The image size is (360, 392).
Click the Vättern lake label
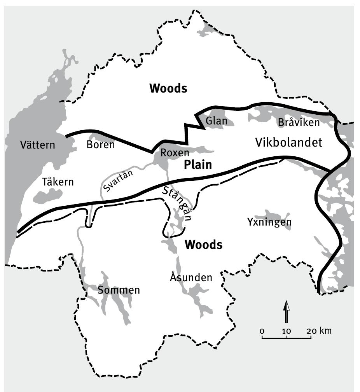(x=38, y=145)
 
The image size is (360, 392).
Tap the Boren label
(x=101, y=145)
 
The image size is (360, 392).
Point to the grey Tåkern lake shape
(x=48, y=196)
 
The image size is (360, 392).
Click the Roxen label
(x=175, y=153)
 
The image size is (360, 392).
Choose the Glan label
(x=216, y=121)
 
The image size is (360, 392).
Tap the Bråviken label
(x=299, y=122)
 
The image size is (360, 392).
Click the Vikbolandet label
(x=288, y=143)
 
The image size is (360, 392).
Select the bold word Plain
(x=198, y=165)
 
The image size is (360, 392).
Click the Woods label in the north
(x=168, y=89)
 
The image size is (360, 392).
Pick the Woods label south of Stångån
(x=203, y=245)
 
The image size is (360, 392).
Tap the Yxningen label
(x=269, y=222)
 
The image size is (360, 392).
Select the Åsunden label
(x=191, y=277)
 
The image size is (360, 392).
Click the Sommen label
(x=119, y=290)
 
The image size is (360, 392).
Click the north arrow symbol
(x=287, y=312)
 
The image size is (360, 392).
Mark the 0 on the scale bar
(x=262, y=331)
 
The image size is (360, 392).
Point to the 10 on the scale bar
(x=287, y=331)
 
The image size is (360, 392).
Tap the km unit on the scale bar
(x=325, y=331)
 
